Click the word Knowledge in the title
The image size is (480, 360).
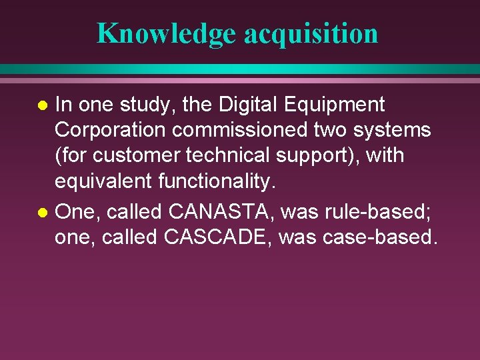click(x=167, y=33)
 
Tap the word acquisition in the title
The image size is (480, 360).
click(x=311, y=33)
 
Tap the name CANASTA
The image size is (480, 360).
click(x=221, y=212)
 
